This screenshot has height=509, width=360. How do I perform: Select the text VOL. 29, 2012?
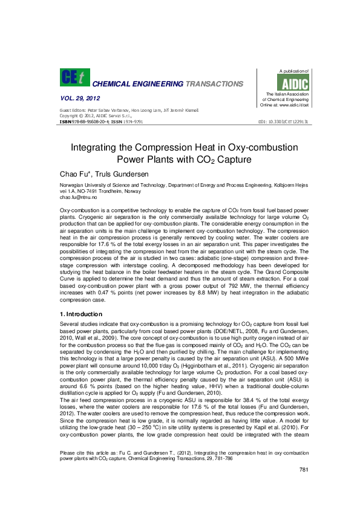point(80,98)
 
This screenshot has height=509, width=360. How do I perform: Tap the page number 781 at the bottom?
point(304,487)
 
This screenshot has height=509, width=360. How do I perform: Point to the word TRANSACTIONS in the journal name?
point(214,83)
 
